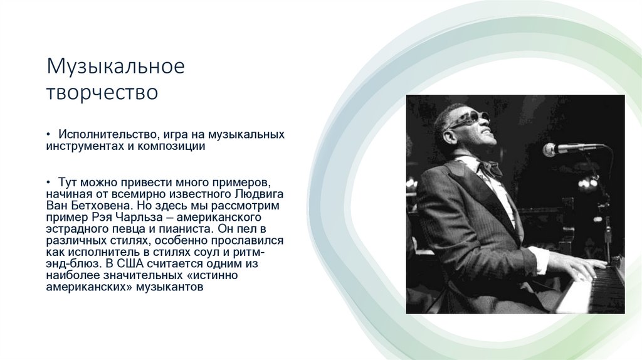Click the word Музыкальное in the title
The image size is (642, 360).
(115, 66)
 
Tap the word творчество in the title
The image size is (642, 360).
(102, 93)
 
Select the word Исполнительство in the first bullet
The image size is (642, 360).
(105, 135)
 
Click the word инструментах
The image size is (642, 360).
(82, 146)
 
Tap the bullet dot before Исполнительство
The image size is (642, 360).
(48, 135)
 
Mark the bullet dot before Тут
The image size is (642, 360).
(48, 182)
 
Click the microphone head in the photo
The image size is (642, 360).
(551, 149)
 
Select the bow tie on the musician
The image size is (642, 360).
(489, 167)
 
